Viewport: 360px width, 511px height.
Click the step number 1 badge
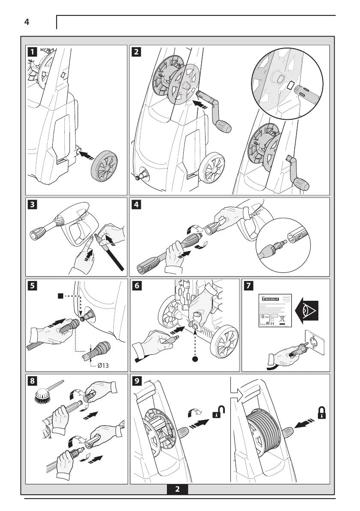pyautogui.click(x=32, y=52)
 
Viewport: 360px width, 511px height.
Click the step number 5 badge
pyautogui.click(x=32, y=285)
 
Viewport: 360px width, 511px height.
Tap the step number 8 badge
pyautogui.click(x=32, y=381)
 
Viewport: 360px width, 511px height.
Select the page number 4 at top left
pyautogui.click(x=27, y=23)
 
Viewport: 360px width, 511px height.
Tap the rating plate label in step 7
pyautogui.click(x=275, y=311)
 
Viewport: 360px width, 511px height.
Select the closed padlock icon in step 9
pyautogui.click(x=321, y=412)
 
